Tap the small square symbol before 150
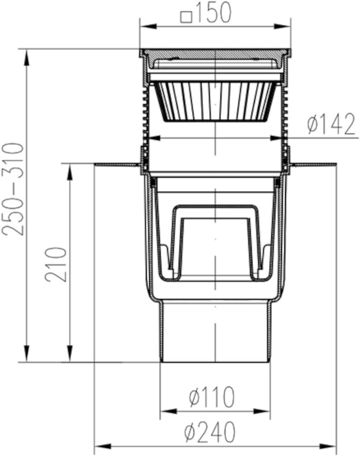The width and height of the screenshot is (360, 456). pos(186,17)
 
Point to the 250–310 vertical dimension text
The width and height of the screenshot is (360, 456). pos(12,189)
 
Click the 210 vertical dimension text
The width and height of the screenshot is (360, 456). pos(56,264)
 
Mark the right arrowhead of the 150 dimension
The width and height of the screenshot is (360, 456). pos(282,27)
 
